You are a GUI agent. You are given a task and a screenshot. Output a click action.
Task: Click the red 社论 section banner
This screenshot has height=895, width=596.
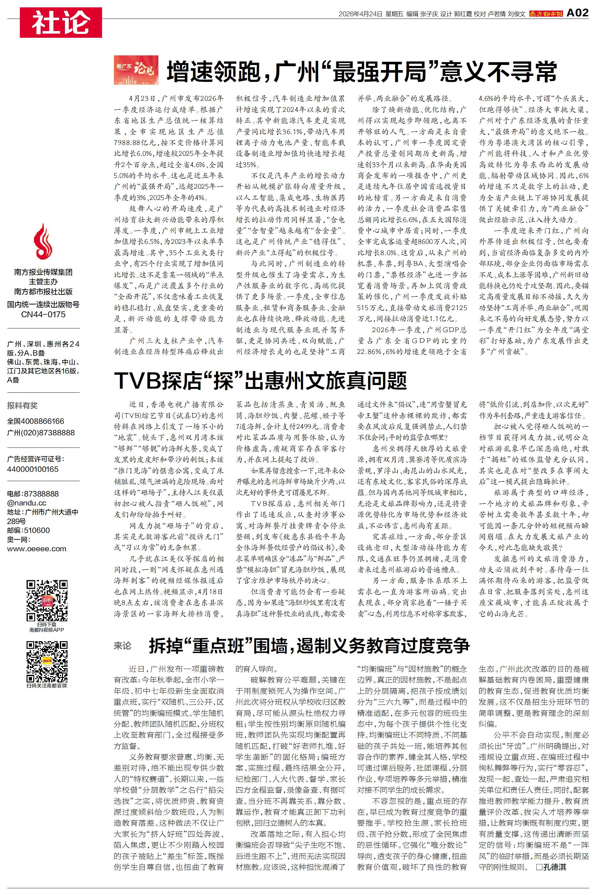tap(61, 22)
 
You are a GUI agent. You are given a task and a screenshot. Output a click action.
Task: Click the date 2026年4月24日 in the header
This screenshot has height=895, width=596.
tap(360, 14)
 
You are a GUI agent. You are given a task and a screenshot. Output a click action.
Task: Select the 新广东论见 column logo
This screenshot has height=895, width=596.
tap(136, 70)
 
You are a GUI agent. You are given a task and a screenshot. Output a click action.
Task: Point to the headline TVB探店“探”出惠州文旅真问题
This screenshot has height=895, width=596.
tap(260, 381)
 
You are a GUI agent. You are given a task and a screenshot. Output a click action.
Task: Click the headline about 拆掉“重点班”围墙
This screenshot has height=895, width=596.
tap(309, 646)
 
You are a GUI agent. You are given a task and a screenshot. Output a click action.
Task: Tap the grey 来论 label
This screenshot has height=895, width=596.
tap(123, 646)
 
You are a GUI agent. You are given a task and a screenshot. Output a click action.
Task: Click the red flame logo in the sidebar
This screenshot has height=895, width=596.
tap(43, 242)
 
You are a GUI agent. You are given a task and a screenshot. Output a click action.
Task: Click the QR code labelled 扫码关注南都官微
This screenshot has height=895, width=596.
tap(47, 662)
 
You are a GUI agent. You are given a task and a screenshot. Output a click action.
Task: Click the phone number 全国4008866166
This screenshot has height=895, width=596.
tap(36, 421)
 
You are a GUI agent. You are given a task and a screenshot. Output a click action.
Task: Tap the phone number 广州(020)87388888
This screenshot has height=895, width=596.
tap(41, 433)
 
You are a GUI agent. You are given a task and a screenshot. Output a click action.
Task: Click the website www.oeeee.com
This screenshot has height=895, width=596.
tap(36, 549)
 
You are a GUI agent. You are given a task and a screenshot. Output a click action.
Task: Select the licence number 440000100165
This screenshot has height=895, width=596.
tap(33, 469)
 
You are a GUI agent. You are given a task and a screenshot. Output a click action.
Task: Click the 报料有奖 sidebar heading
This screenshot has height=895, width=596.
tap(22, 405)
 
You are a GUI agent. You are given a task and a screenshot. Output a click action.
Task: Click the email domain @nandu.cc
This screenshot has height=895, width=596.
tap(27, 503)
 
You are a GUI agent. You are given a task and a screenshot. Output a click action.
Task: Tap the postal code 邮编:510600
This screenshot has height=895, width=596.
tap(28, 530)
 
